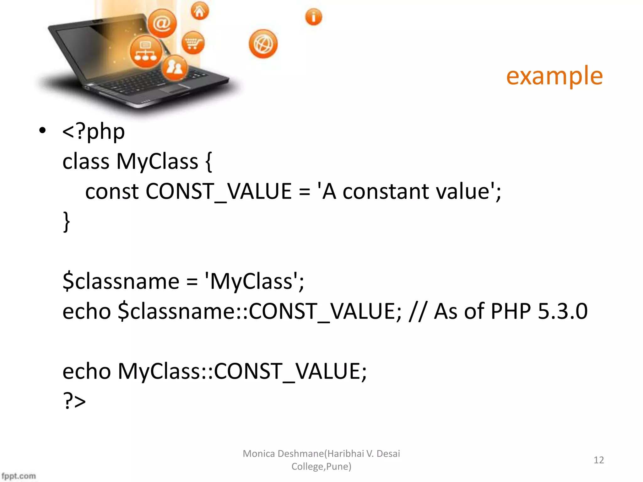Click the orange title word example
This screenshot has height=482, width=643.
tap(554, 76)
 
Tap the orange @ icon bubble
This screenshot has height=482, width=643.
tap(162, 24)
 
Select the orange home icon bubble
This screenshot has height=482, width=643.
tap(200, 11)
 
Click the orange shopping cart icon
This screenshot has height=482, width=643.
tap(193, 43)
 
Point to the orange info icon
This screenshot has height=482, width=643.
tap(313, 17)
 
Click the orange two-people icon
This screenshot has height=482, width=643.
tap(175, 67)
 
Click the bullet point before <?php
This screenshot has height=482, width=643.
tap(43, 131)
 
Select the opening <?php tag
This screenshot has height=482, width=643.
tap(94, 132)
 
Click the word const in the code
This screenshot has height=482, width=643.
tap(112, 192)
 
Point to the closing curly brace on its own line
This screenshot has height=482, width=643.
tap(66, 222)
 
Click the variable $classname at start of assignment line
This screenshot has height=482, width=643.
tap(121, 281)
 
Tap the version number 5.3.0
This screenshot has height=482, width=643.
tap(562, 311)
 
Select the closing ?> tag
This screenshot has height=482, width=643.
tap(74, 401)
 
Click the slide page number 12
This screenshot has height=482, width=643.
tap(598, 460)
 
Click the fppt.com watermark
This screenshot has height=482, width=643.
tap(19, 476)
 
